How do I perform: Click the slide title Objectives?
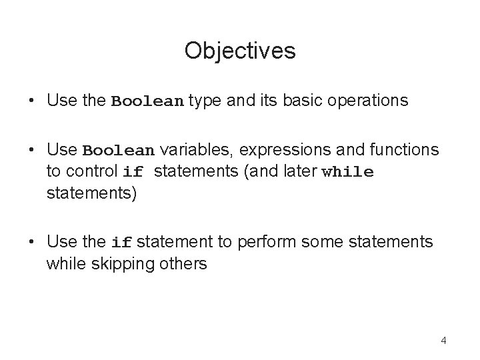[x=240, y=50]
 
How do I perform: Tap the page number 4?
[x=443, y=341]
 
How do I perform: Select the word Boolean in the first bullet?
[x=147, y=102]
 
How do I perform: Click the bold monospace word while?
[x=347, y=172]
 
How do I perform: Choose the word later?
[x=298, y=171]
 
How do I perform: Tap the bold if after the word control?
[x=133, y=172]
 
